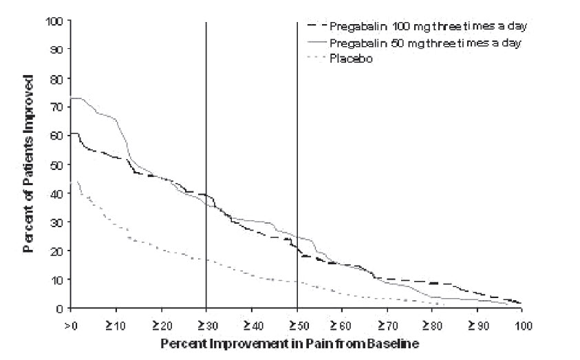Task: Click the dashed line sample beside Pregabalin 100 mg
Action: pyautogui.click(x=316, y=26)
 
